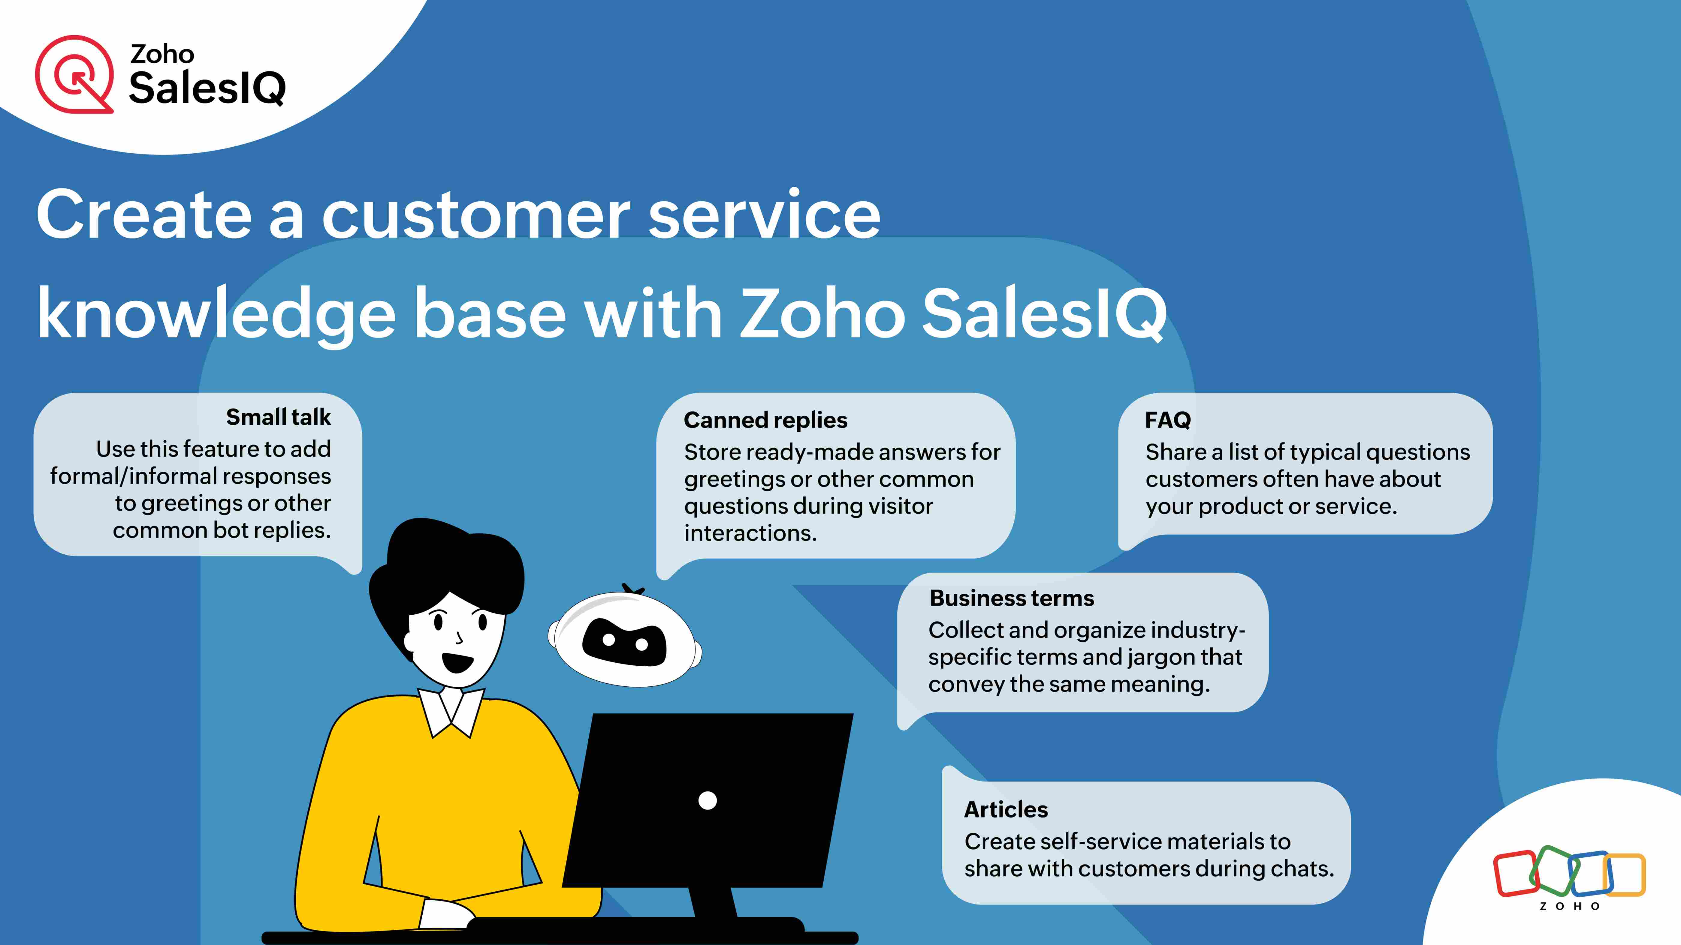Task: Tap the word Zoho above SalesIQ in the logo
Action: [162, 54]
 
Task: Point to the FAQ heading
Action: [1167, 420]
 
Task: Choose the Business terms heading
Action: [1011, 598]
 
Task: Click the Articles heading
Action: [1006, 809]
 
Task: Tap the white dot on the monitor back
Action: [708, 800]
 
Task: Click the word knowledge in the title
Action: [215, 314]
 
